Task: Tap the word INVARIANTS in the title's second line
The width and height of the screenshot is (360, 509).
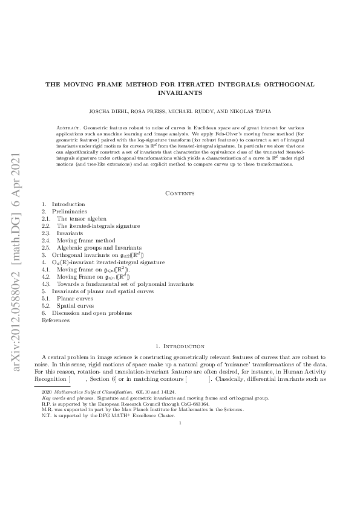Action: click(180, 94)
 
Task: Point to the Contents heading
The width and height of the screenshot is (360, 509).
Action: click(180, 193)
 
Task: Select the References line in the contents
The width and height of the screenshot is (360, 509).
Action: click(55, 320)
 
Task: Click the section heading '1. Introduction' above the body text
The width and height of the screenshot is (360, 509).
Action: click(180, 346)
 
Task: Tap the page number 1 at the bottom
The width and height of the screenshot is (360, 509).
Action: click(180, 423)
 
